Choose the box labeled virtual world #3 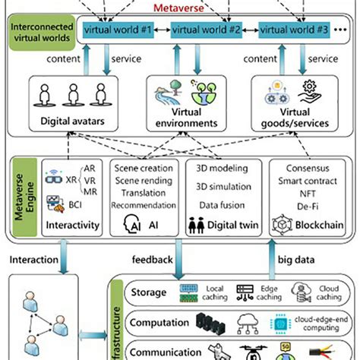pos(294,30)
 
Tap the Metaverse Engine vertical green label pos(22,200)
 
